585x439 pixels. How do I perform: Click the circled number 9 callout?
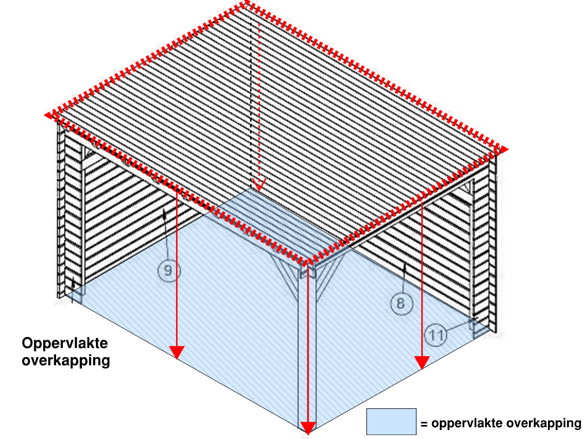click(x=168, y=270)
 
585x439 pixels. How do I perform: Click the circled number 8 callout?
click(x=402, y=303)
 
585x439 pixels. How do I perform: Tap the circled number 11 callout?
click(x=436, y=334)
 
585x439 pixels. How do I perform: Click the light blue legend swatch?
click(x=391, y=422)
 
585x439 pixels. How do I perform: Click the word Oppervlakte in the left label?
click(x=65, y=344)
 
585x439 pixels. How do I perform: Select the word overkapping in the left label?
click(x=66, y=361)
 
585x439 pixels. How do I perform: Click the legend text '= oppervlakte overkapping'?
click(x=501, y=423)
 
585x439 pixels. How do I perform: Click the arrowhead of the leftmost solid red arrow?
click(x=177, y=352)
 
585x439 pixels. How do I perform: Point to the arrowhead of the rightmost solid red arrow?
click(x=422, y=363)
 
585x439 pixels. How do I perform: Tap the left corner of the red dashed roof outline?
click(x=48, y=115)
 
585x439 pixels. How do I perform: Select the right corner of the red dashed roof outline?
click(x=503, y=150)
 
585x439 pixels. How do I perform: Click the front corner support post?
click(x=307, y=347)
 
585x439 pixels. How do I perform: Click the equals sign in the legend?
click(x=424, y=424)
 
